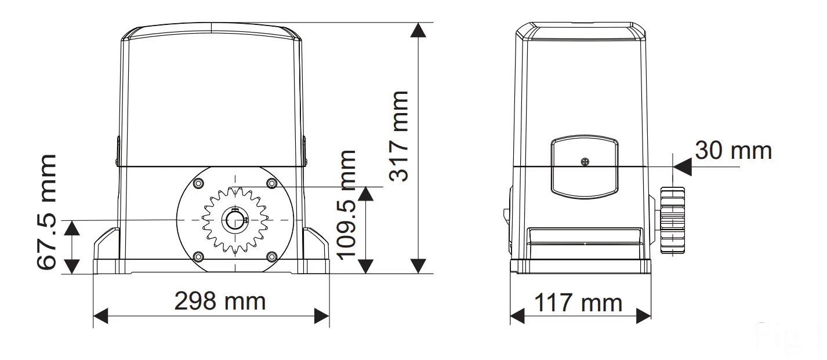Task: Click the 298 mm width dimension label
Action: click(x=220, y=301)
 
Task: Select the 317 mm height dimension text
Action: click(x=399, y=136)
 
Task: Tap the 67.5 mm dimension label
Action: click(x=47, y=212)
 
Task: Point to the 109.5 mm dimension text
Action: click(x=347, y=205)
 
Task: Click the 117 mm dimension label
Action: click(x=579, y=303)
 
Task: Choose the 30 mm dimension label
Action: click(x=734, y=151)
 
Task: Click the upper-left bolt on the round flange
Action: click(x=198, y=183)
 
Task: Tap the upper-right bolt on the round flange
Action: click(x=272, y=183)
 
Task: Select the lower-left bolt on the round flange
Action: click(x=198, y=256)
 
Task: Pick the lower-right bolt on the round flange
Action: click(x=272, y=256)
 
